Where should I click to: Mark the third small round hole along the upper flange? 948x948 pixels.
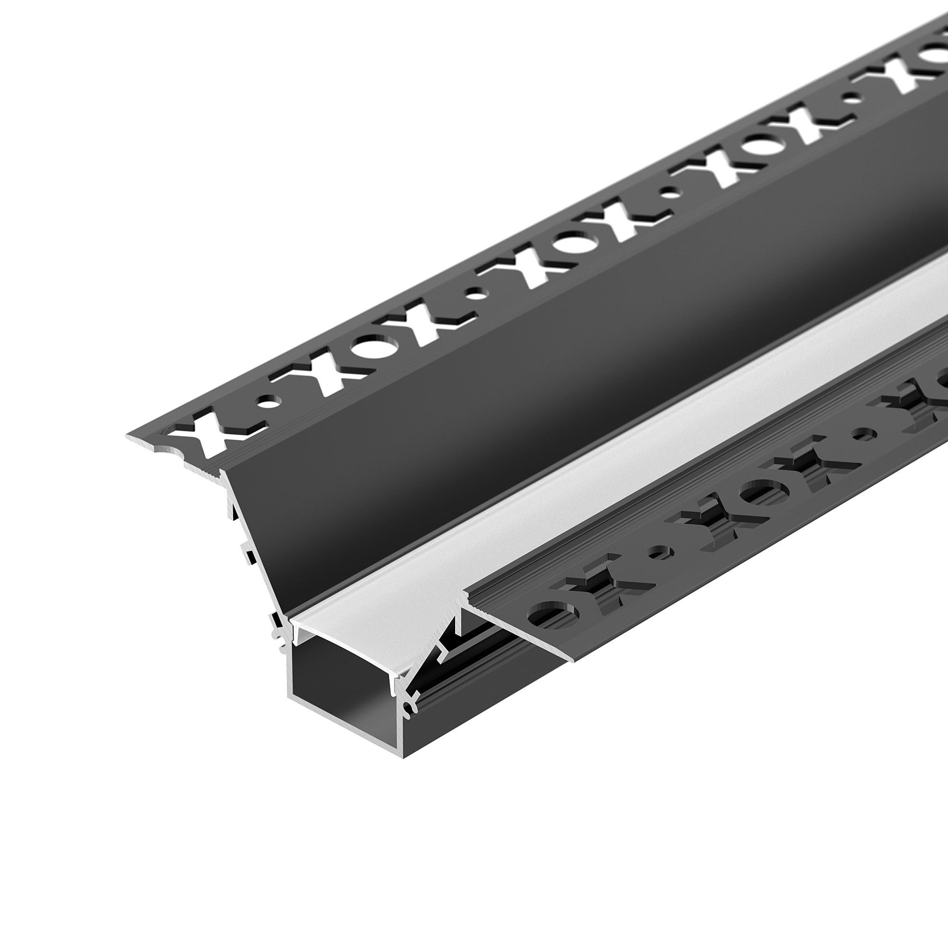[673, 193]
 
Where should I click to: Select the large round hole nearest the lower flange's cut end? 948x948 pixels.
[555, 614]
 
